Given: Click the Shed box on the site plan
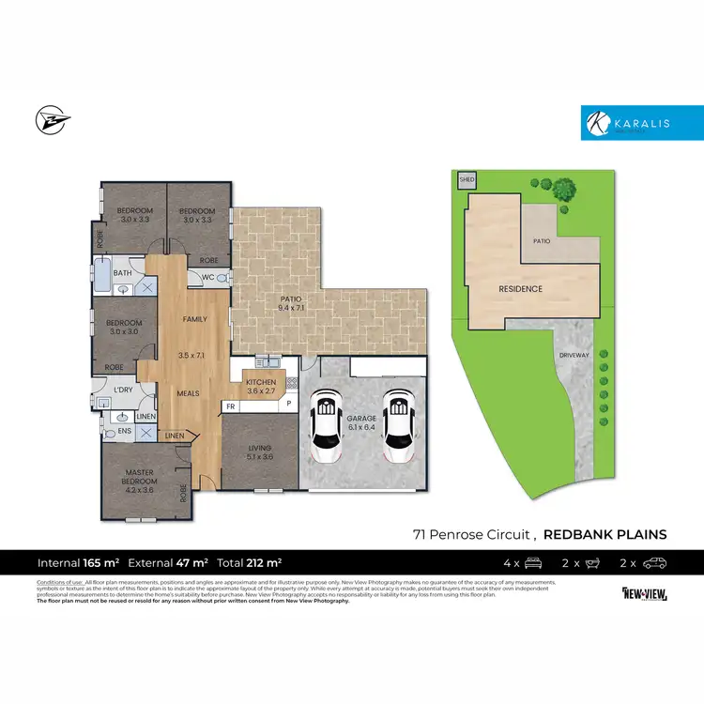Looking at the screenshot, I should [467, 179].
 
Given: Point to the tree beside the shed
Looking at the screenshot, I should [563, 190].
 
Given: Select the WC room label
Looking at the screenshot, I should [208, 277].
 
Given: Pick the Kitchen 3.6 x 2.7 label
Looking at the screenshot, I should [261, 387].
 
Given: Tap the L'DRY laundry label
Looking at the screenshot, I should [122, 389].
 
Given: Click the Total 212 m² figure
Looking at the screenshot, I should [249, 563].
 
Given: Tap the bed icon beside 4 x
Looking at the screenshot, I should [534, 563].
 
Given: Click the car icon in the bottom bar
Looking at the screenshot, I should [654, 563].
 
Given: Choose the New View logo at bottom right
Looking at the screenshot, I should [644, 593].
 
